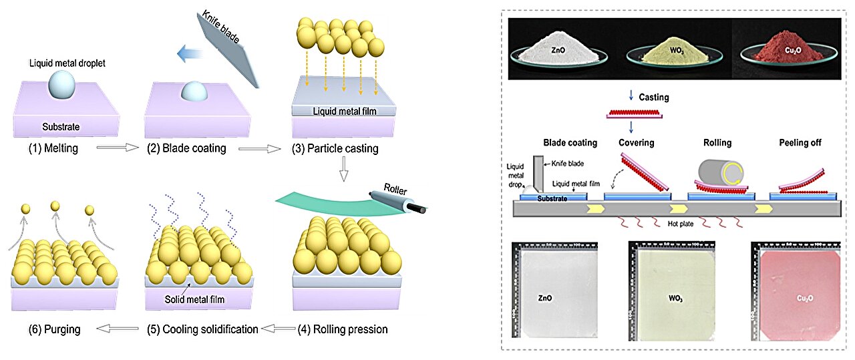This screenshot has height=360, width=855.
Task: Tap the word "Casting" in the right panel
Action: click(653, 98)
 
